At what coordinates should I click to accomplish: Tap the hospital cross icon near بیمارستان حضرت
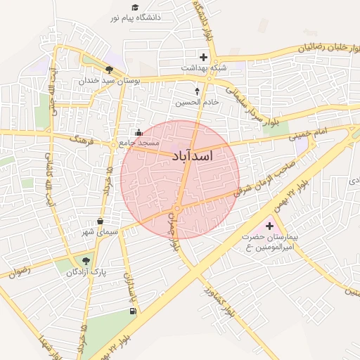coord(269,226)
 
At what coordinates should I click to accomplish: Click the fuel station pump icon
coord(133,311)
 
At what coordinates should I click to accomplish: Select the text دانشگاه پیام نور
coord(139,15)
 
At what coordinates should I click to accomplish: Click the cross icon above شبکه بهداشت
coord(204,57)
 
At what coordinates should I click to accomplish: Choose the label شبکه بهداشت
coord(203,68)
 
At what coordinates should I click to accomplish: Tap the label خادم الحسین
coord(198,102)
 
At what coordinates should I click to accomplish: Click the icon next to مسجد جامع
coord(139,132)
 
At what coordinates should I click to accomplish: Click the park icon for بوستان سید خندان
coord(109,70)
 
